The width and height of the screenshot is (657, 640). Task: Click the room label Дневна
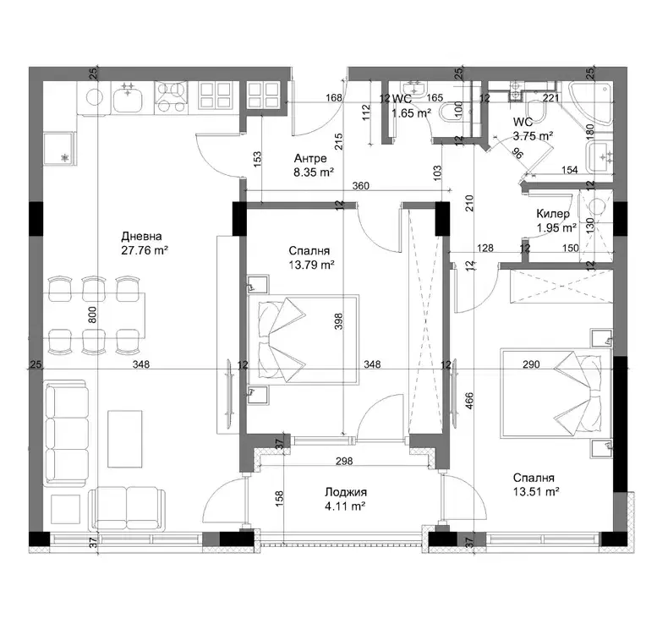click(x=141, y=237)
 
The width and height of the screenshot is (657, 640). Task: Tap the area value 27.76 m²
click(x=145, y=250)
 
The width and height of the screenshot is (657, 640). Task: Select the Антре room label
click(x=310, y=158)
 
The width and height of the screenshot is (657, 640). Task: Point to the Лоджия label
click(x=346, y=492)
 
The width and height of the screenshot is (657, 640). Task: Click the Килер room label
click(x=553, y=214)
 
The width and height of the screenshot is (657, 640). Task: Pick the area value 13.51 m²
click(x=536, y=492)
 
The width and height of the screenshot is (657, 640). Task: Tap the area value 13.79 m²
click(x=311, y=265)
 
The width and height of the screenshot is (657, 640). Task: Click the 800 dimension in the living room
click(x=93, y=315)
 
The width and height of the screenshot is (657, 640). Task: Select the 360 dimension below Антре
click(x=360, y=185)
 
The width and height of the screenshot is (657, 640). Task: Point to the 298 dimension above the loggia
click(x=344, y=461)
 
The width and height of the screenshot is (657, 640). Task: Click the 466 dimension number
click(x=469, y=401)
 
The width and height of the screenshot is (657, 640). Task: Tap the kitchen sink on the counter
click(x=128, y=97)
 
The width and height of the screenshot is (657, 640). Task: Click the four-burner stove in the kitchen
click(x=171, y=97)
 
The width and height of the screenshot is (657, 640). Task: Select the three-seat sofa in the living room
click(x=66, y=434)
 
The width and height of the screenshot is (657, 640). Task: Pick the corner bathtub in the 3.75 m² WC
click(x=591, y=102)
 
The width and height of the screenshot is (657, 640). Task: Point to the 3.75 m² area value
click(x=533, y=136)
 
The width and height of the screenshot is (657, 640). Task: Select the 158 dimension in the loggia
click(x=280, y=499)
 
